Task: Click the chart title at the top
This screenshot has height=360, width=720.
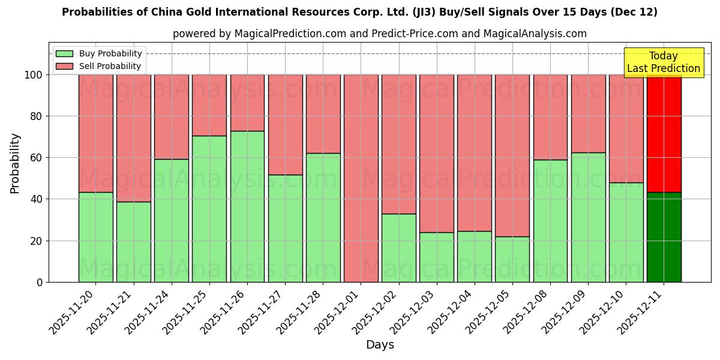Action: pos(359,12)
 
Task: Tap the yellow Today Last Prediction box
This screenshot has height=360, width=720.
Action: pos(663,62)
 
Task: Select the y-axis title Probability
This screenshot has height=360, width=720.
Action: pos(15,163)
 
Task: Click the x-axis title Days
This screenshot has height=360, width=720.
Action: pos(380,345)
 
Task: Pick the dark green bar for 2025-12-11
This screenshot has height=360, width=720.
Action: pos(664,237)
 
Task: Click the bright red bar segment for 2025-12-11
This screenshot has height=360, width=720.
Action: pos(664,133)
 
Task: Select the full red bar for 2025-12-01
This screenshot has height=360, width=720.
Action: pos(361,178)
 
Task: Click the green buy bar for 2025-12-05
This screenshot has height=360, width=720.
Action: pos(512,259)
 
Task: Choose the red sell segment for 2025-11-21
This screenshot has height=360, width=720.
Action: pos(133,138)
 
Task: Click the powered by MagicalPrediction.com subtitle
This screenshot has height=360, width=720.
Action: pos(380,34)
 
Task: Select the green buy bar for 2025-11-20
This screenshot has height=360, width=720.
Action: pos(95,237)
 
